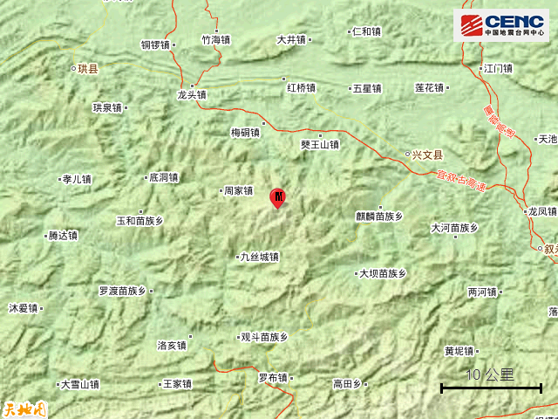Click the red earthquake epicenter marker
277,197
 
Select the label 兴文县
426,155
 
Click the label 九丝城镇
259,257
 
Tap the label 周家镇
237,190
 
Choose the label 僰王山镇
319,145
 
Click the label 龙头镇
192,95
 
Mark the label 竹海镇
215,39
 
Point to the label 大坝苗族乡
384,273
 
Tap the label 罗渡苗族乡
122,290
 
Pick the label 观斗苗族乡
263,337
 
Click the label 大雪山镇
79,384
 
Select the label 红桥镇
301,88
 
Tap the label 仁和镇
365,32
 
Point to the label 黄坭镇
459,351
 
